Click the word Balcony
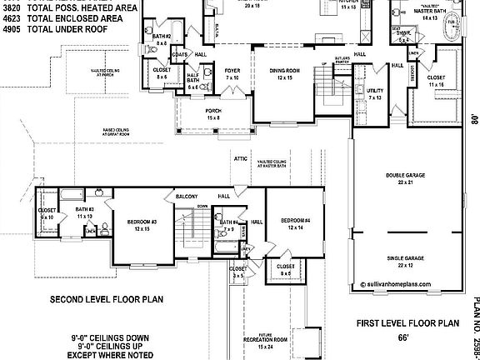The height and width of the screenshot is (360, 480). click(185, 197)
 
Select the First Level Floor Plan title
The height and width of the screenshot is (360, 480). click(408, 322)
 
